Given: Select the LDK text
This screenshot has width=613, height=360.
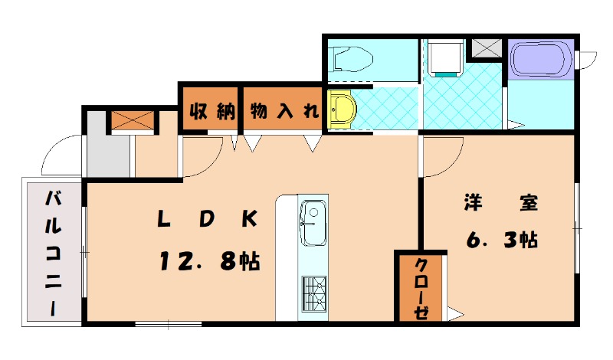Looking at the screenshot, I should pyautogui.click(x=205, y=220).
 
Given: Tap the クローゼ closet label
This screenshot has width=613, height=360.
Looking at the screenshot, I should pyautogui.click(x=421, y=289).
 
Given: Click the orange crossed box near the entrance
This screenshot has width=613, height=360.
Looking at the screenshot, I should pyautogui.click(x=123, y=121).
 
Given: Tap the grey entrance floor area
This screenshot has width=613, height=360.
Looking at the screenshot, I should pyautogui.click(x=107, y=154).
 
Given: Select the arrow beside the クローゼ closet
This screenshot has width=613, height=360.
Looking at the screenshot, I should pyautogui.click(x=454, y=313).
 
